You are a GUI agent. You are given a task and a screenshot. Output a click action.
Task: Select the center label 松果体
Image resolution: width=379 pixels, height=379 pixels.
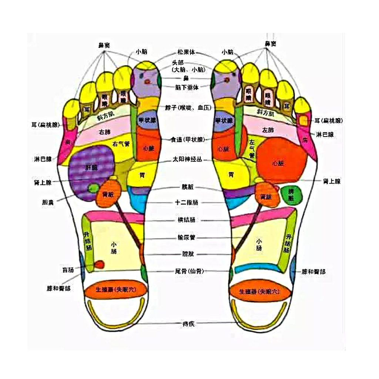(186, 52)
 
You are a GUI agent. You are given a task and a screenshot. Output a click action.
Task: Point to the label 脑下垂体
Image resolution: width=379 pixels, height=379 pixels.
(187, 87)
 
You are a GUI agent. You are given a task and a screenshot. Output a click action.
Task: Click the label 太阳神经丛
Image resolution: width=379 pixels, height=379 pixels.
(187, 160)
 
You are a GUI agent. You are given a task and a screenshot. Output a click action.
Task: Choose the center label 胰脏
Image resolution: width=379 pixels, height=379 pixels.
(188, 187)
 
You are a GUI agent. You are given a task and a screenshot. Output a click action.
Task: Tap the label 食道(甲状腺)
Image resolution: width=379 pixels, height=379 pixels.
(187, 140)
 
